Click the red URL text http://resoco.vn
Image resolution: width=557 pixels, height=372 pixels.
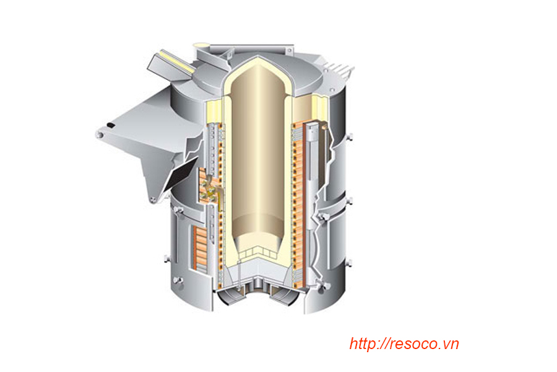404,343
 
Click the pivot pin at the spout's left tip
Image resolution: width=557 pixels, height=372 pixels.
98,135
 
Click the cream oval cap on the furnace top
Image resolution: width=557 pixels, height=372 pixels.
202,45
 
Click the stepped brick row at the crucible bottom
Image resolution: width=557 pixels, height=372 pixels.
257,252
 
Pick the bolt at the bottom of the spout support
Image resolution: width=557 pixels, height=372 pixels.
150,198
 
